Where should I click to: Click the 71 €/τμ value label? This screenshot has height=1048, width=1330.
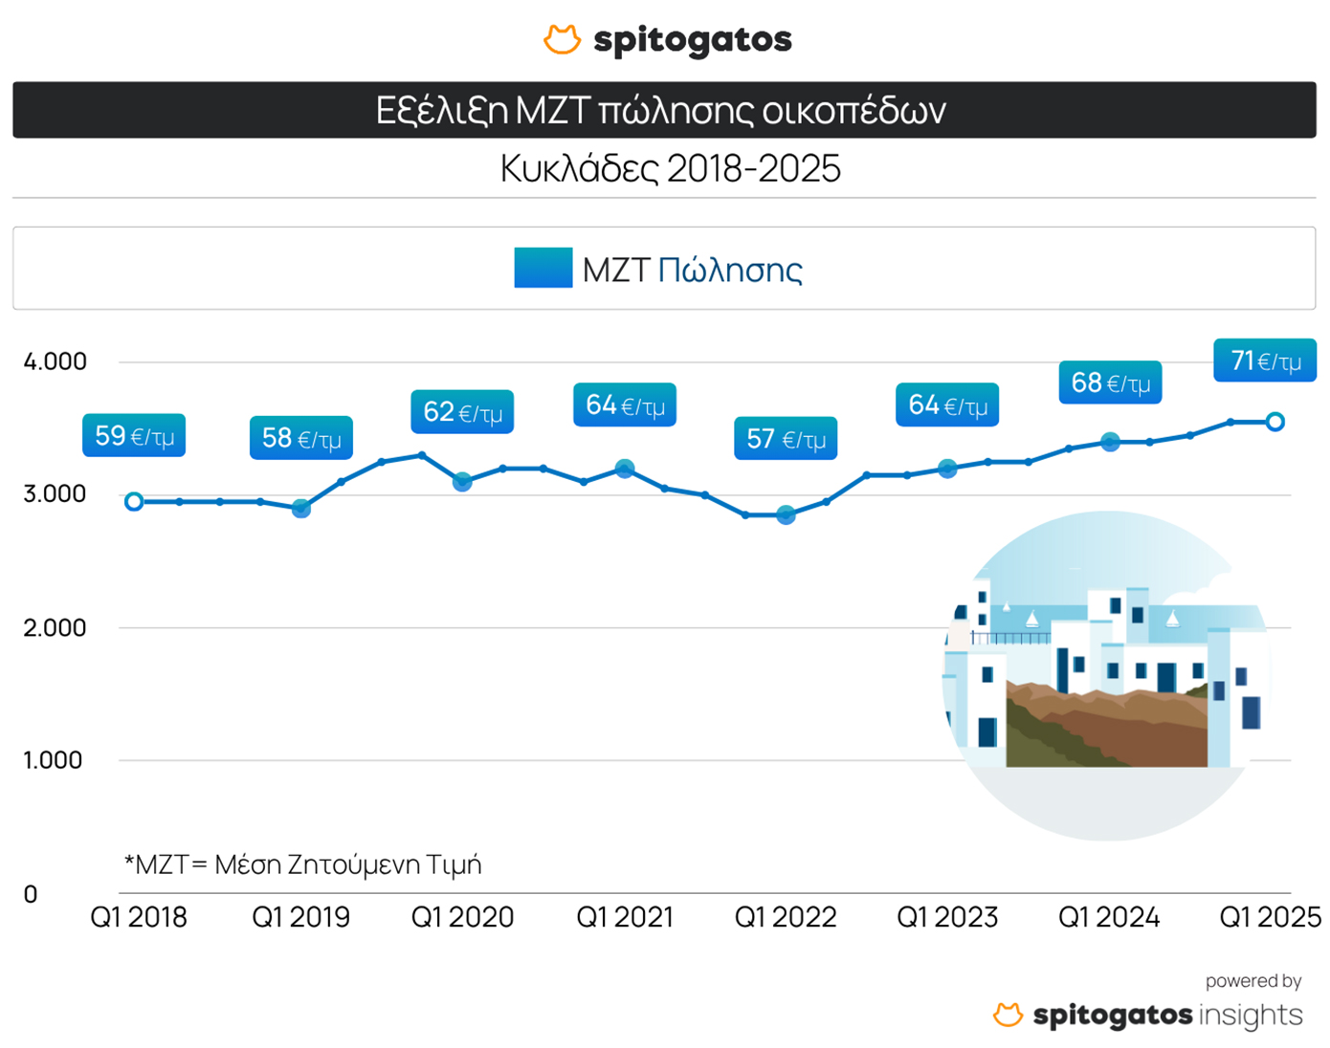(1265, 360)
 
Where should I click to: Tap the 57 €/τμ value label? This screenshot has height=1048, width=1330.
(786, 439)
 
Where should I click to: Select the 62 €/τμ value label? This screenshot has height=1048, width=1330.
(462, 412)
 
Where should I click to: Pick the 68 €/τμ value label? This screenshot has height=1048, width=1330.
(1110, 382)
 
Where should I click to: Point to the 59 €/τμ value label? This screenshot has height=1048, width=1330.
(134, 436)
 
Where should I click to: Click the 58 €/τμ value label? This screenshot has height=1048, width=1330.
(301, 438)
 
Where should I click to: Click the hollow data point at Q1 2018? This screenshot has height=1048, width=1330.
(134, 501)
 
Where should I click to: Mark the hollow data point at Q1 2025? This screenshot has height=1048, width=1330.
(1275, 422)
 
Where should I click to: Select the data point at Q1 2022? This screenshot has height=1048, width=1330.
(786, 515)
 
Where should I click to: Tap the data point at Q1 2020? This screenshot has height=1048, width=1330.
(462, 482)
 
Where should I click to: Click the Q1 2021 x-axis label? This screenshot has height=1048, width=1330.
(625, 918)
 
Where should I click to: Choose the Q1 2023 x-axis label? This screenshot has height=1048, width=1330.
(947, 918)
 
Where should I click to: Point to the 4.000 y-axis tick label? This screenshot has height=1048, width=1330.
(55, 361)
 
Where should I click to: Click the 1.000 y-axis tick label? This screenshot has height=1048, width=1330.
(53, 760)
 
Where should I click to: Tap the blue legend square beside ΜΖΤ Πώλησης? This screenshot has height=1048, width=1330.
(543, 268)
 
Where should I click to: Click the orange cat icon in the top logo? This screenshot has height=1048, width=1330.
(562, 39)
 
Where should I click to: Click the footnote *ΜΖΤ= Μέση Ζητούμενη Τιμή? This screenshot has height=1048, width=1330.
(302, 864)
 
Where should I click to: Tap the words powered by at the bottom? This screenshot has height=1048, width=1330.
(1252, 981)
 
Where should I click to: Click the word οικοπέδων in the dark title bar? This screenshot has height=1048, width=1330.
(853, 111)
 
